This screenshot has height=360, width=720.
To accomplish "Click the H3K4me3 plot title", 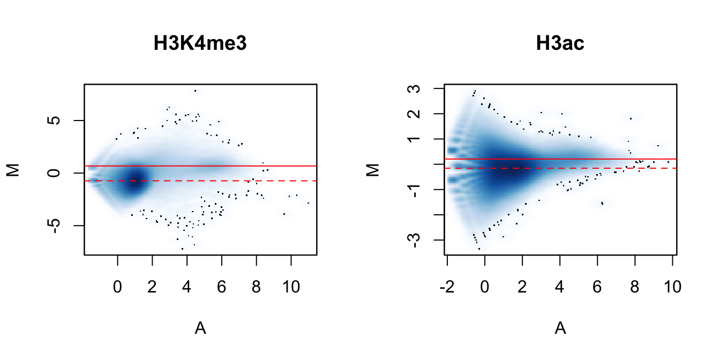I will pos(200,44).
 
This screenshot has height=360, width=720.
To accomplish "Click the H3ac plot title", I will pos(560,44).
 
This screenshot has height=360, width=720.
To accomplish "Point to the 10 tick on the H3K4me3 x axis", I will pos(291,287).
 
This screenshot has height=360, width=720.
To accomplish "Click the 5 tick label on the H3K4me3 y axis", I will pos(51,121).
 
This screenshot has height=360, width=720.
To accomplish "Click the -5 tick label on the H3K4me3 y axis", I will pos(51,226).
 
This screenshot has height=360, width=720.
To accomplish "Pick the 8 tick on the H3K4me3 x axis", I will pos(256,287).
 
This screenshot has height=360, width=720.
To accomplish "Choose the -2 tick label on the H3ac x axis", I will pos(447,287).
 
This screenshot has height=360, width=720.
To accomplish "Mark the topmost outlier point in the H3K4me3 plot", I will pos(196,91).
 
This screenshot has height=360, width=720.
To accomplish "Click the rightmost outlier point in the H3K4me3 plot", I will pos(308,203).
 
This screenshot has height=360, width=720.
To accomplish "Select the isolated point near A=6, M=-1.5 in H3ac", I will pos(603,203).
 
